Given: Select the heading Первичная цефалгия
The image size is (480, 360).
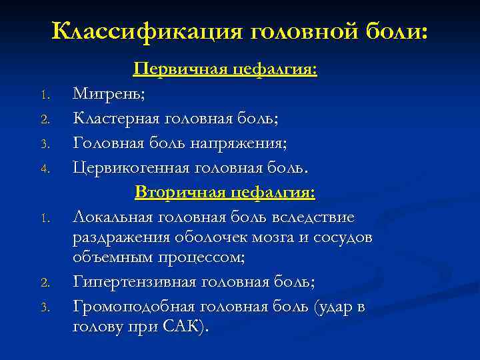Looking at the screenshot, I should pyautogui.click(x=225, y=69).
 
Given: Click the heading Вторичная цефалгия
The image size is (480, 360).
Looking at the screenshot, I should pyautogui.click(x=225, y=192).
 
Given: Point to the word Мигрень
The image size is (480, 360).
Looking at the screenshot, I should pyautogui.click(x=109, y=94).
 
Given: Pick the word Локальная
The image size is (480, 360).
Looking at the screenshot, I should pyautogui.click(x=111, y=217).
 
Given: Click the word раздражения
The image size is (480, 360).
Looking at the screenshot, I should pyautogui.click(x=123, y=237).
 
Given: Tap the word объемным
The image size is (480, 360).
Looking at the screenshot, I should pyautogui.click(x=112, y=258).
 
